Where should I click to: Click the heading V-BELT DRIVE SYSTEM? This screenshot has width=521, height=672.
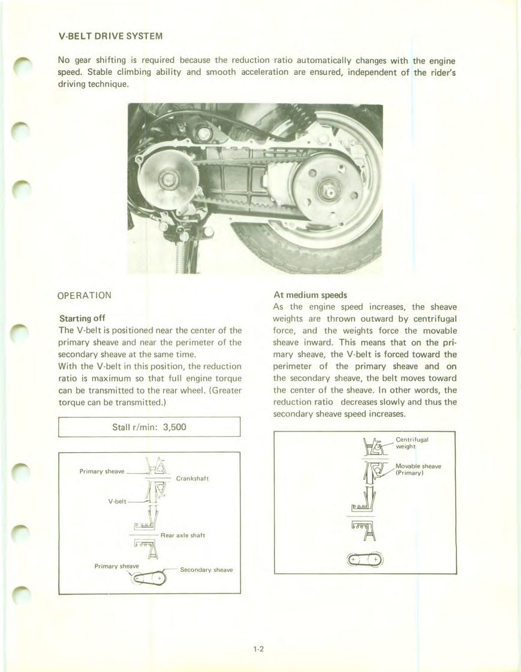click(x=110, y=36)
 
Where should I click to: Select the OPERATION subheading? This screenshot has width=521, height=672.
click(x=84, y=295)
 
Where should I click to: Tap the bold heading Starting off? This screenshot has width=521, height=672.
click(x=83, y=318)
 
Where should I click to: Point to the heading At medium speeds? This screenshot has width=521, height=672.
click(x=307, y=295)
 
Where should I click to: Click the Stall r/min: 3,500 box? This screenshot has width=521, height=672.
click(x=149, y=428)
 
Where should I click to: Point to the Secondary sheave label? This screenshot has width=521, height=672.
click(x=206, y=570)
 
